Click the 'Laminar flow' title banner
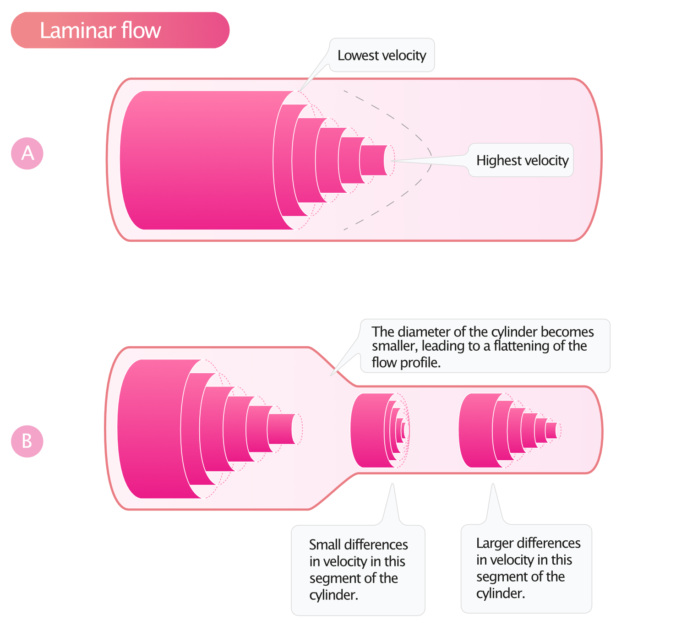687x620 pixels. point(120,30)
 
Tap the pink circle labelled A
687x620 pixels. point(27,153)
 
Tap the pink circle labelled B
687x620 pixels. point(27,441)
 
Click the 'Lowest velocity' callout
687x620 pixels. point(382,55)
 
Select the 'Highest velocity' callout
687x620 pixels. point(522,160)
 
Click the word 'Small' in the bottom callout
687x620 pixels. point(325,545)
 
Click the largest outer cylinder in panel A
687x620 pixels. point(197,160)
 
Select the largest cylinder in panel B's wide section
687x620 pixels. point(151,429)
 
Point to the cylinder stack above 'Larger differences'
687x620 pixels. point(476,430)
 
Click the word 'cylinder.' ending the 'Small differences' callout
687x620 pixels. point(333,595)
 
